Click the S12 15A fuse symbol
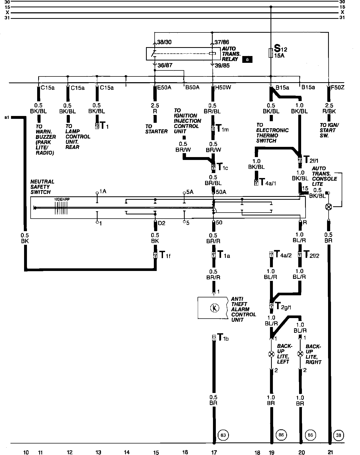(271, 53)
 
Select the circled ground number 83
(223, 435)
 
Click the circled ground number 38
(339, 435)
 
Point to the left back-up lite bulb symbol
(271, 354)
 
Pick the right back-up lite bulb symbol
(300, 354)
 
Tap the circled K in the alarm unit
(215, 308)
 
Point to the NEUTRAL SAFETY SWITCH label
(42, 187)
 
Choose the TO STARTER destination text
(156, 129)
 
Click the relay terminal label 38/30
(164, 42)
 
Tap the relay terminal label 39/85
(222, 65)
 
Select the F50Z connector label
(337, 87)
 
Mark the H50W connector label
(223, 87)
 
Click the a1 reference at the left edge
(7, 117)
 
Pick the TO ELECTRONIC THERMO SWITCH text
(272, 133)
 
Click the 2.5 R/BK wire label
(329, 108)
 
